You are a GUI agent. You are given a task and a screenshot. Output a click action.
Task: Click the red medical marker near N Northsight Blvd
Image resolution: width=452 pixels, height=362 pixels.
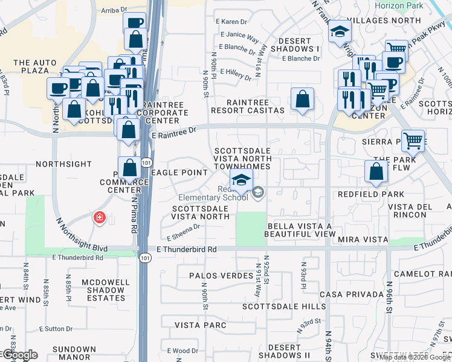tap(98, 218)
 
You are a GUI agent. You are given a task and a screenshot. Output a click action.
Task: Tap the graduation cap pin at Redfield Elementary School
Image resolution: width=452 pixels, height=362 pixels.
tap(241, 180)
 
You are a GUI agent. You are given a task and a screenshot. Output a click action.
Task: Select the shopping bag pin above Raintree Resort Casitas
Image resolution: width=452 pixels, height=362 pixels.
tap(302, 99)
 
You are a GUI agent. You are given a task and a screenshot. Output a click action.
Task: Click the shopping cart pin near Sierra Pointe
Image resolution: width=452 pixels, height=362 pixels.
tap(413, 141)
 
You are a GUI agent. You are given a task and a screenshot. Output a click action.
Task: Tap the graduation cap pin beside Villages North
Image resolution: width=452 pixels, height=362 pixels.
tap(340, 31)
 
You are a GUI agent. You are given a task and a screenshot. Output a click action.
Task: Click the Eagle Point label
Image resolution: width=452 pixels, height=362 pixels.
tap(179, 173)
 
